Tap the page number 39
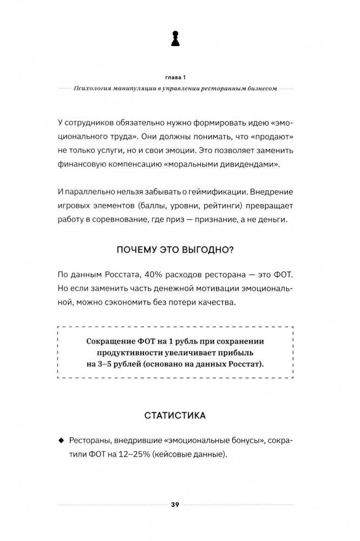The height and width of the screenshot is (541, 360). click(x=175, y=505)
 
